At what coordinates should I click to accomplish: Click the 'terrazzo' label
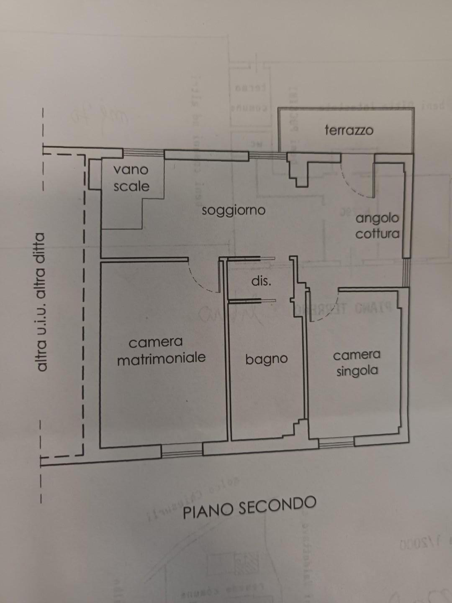coord(349,130)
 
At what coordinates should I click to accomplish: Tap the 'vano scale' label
coord(131,178)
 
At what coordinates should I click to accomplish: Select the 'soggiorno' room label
coord(234,210)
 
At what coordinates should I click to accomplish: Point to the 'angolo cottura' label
coord(377,226)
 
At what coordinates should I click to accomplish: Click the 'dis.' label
coord(261,281)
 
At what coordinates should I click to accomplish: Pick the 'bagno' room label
coord(267,359)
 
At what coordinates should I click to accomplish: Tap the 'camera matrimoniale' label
coord(161,350)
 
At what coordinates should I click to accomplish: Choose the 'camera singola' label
coord(357,363)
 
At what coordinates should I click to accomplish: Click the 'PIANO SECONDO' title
coord(249,507)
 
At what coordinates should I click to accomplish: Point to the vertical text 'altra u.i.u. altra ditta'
coord(41,301)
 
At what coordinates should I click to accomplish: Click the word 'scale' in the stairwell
coord(131,186)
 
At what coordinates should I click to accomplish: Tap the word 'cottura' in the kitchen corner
coord(378,234)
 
